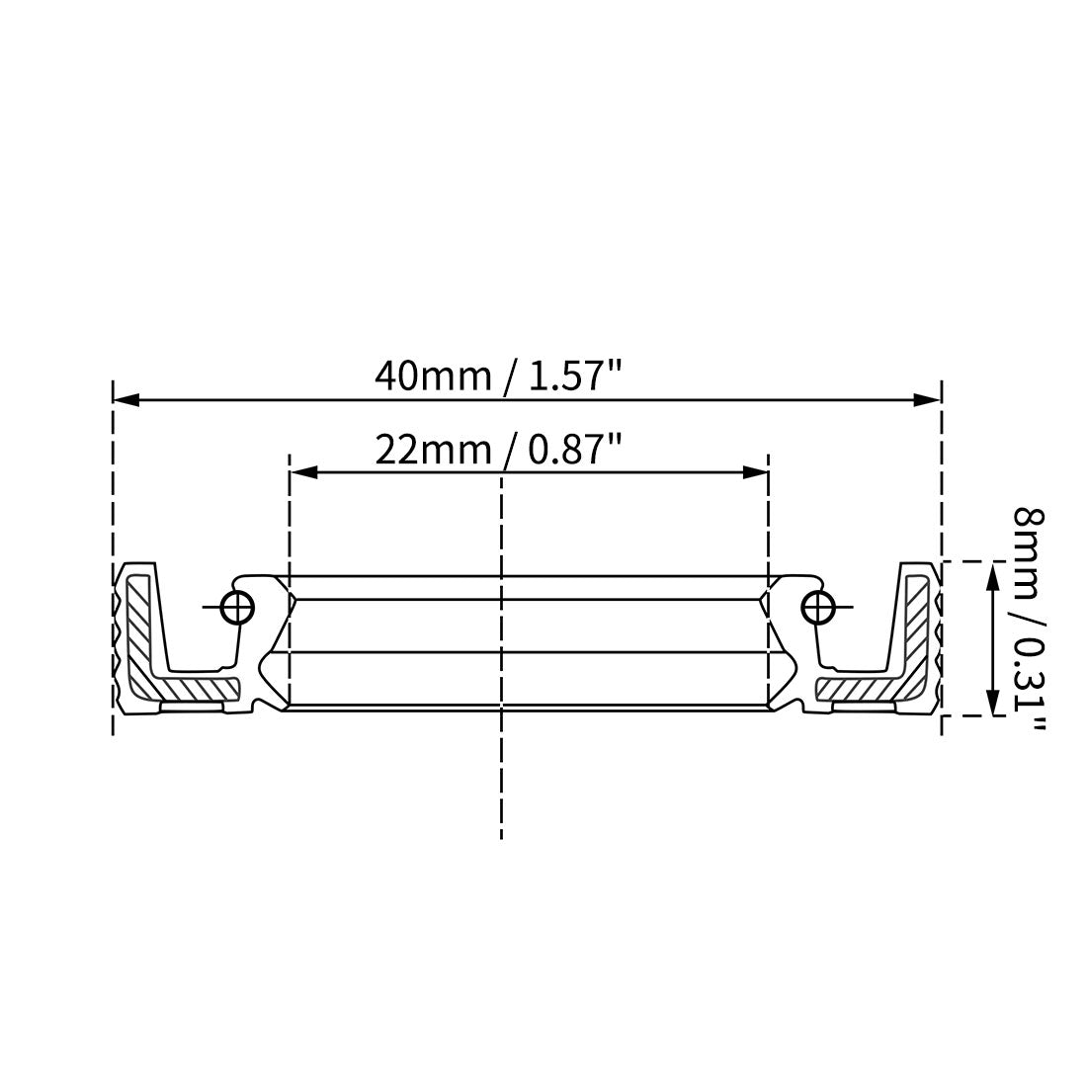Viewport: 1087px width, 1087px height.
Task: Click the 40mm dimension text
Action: click(432, 376)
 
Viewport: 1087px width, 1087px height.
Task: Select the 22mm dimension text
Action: click(432, 450)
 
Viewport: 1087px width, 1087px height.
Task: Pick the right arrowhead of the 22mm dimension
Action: click(755, 473)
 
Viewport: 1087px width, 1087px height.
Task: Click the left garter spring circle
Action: click(238, 607)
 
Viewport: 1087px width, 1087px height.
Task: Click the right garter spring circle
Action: click(816, 607)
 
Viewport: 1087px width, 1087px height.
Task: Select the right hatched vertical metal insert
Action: click(917, 623)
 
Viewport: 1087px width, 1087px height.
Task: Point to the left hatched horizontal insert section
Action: click(198, 686)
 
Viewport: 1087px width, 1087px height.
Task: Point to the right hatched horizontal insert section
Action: click(856, 686)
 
